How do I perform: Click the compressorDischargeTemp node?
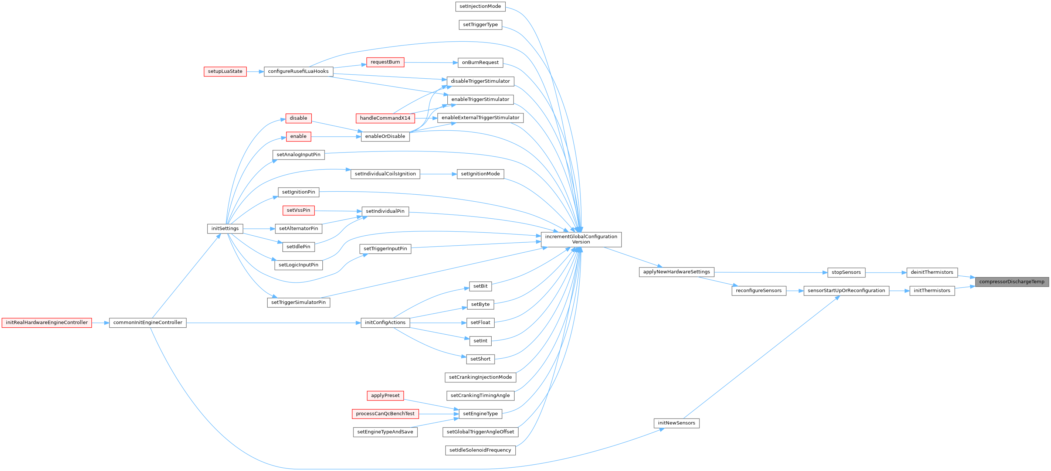point(1011,282)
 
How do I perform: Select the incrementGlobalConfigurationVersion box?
point(581,239)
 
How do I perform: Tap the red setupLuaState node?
point(225,71)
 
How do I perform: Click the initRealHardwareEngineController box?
point(47,322)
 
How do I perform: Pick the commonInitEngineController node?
point(148,322)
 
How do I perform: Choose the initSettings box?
point(225,229)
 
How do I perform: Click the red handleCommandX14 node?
point(385,118)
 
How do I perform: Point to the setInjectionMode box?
point(480,7)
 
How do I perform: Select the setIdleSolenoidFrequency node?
point(480,450)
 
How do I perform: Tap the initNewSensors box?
point(677,423)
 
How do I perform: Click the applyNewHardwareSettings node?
point(677,272)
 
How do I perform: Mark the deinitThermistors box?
point(932,272)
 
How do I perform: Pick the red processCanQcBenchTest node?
point(385,413)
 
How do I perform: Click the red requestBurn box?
point(385,62)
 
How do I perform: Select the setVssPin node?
point(298,211)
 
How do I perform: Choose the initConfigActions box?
point(385,322)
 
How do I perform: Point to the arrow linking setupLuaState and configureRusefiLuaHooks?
point(255,71)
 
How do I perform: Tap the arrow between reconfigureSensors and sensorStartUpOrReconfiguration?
point(795,291)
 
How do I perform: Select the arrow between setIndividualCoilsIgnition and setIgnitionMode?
point(438,174)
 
